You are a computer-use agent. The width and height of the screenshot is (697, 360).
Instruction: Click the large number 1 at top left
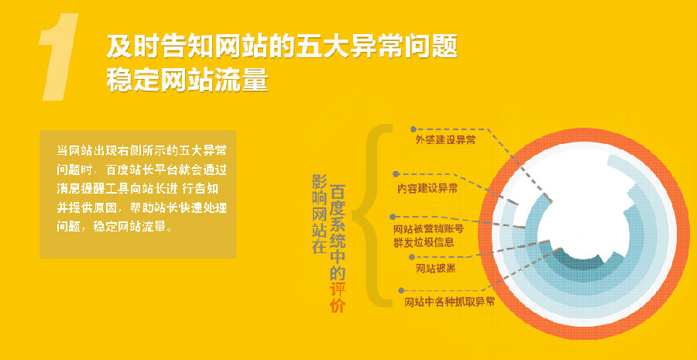coord(59,57)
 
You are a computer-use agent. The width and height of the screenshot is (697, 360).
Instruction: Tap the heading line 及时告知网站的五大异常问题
coord(282,46)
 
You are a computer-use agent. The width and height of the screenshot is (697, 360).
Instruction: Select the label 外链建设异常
coord(445,139)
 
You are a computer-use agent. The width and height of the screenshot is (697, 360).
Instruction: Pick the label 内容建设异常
coord(427,188)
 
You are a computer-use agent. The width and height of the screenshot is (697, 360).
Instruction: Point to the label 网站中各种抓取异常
coord(449,302)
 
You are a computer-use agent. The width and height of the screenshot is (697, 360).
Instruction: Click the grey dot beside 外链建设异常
coord(414,129)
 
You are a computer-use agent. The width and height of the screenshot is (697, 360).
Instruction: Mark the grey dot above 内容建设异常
coord(395,173)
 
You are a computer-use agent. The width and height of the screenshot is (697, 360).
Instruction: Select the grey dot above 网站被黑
coord(411,257)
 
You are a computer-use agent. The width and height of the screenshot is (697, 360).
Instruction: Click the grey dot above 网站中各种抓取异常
coord(401,290)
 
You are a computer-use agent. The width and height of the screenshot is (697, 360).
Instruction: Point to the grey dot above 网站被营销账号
coord(393,217)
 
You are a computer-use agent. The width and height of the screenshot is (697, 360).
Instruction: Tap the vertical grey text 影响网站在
coord(320,214)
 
